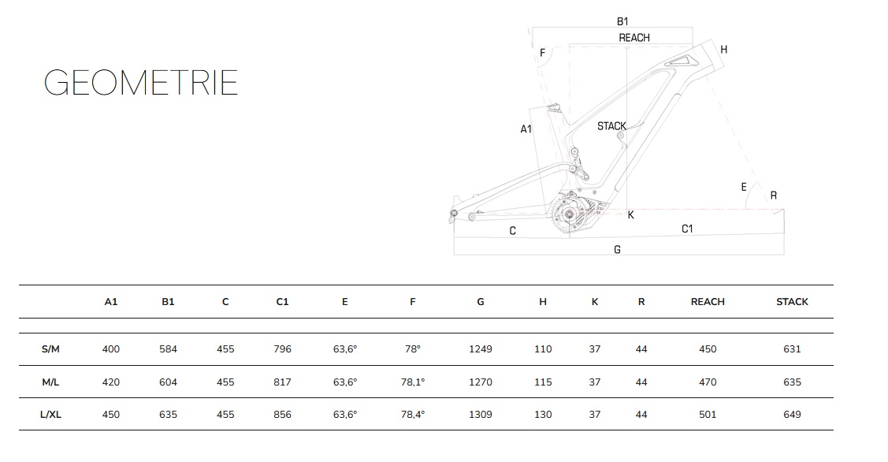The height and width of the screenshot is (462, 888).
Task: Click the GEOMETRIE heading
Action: click(141, 83)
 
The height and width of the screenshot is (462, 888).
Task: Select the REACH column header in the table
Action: click(708, 302)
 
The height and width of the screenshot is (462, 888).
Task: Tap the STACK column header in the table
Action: click(792, 302)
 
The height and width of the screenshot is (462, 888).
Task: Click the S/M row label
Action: click(50, 349)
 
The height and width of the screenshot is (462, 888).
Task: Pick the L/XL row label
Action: click(50, 415)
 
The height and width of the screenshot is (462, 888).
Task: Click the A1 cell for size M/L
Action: click(111, 382)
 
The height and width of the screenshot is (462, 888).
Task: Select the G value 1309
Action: click(481, 415)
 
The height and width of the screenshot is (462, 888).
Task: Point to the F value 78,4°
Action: click(413, 415)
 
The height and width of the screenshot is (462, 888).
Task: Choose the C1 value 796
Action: click(282, 349)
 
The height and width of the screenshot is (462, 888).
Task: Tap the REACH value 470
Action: click(708, 382)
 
